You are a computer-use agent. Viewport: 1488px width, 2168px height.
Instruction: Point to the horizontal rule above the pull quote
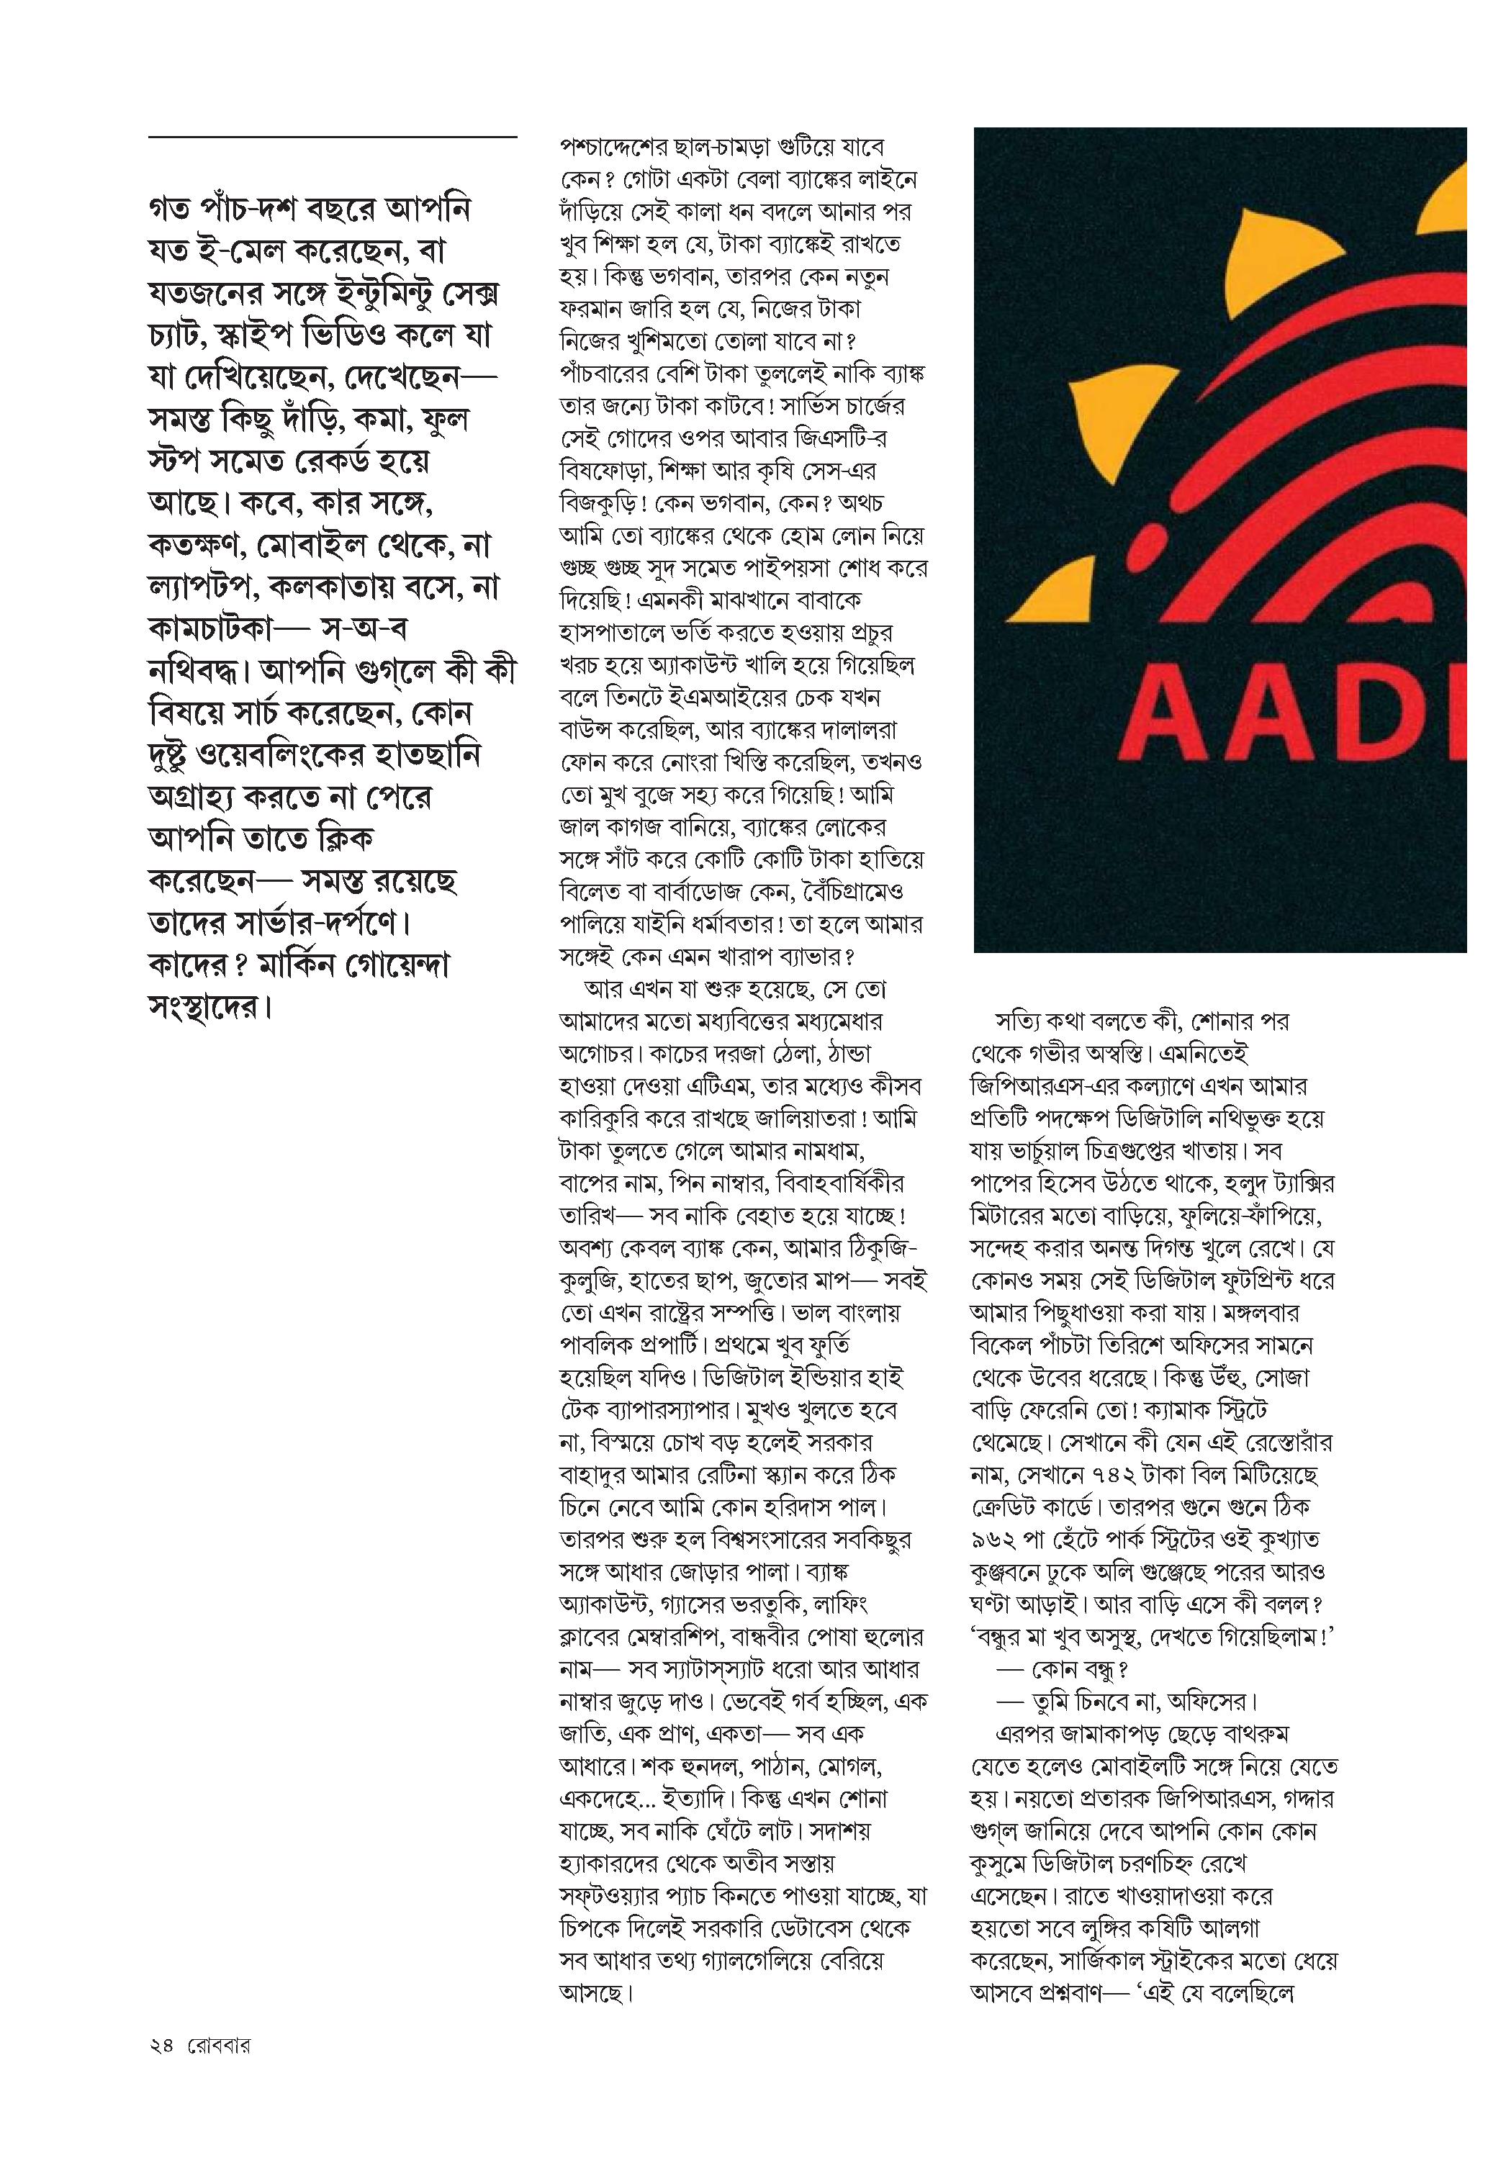[x=332, y=138]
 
